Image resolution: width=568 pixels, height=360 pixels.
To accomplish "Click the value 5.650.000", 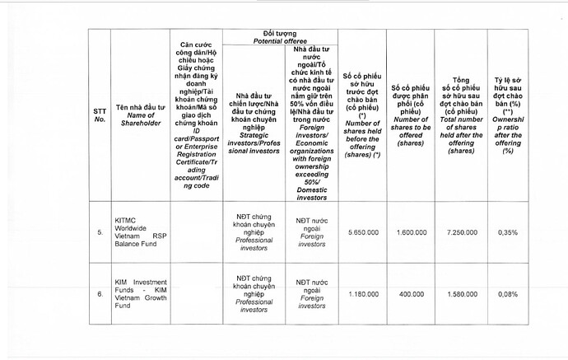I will [x=362, y=233].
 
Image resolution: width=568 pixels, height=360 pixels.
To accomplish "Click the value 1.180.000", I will [x=362, y=292].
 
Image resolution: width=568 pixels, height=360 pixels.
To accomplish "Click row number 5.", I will [x=100, y=233].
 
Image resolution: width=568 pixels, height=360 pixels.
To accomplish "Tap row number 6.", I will [x=100, y=292].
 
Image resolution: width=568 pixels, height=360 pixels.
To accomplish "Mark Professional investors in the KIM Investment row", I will [x=254, y=305].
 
